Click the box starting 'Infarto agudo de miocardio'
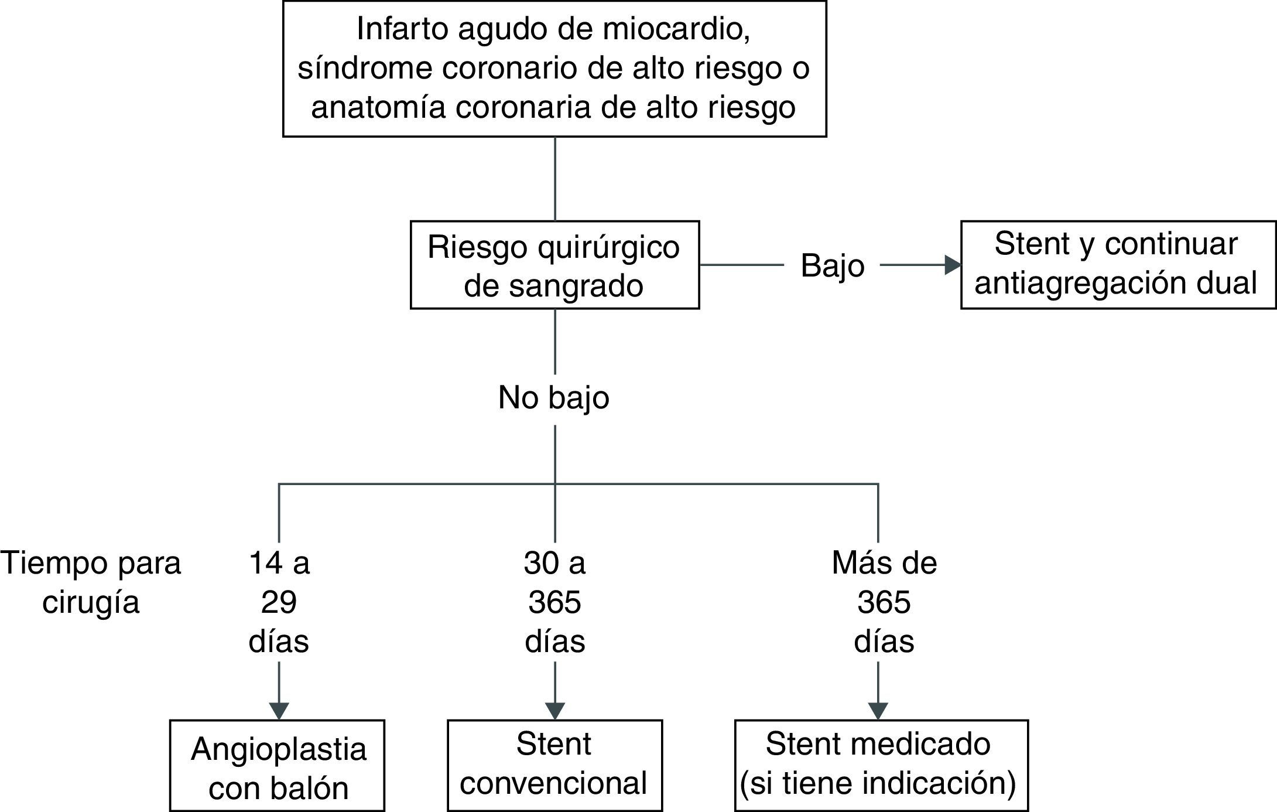554,69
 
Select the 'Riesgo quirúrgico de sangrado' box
554,265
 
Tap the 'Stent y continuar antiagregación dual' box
1118,265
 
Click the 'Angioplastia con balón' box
278,766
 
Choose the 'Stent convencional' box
554,765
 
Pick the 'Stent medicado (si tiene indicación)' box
881,765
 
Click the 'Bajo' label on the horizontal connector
832,266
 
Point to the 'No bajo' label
553,398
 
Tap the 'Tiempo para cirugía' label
91,582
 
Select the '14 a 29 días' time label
279,602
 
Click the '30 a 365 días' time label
554,602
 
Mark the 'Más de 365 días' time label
884,602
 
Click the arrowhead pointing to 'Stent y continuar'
953,265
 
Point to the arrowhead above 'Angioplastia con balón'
279,709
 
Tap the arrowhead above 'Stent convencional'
554,709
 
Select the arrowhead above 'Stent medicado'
878,709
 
